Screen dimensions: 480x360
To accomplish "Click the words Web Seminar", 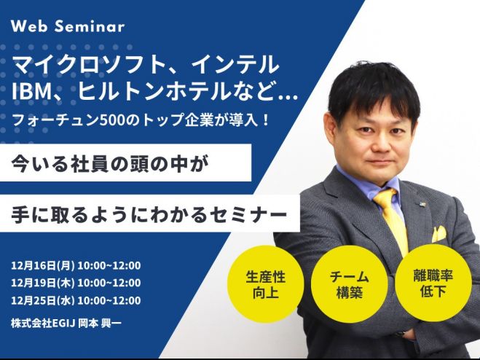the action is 68,26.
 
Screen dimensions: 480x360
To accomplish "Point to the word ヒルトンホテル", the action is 153,92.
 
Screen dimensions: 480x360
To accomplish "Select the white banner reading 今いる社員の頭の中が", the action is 125,163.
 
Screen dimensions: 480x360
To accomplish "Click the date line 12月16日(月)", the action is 42,265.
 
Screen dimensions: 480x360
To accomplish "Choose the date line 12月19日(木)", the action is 42,283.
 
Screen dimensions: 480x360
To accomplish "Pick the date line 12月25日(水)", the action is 42,300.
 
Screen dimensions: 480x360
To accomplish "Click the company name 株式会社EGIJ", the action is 43,324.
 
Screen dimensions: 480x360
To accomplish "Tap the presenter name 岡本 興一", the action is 100,324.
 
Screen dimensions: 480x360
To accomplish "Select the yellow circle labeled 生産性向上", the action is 265,284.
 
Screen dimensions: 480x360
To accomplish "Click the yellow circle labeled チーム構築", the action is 350,284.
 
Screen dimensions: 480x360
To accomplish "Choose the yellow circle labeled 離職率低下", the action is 433,283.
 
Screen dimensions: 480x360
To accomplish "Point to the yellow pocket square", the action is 439,233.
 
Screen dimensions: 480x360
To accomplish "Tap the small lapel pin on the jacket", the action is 422,203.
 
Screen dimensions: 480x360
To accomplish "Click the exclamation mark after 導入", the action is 265,120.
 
